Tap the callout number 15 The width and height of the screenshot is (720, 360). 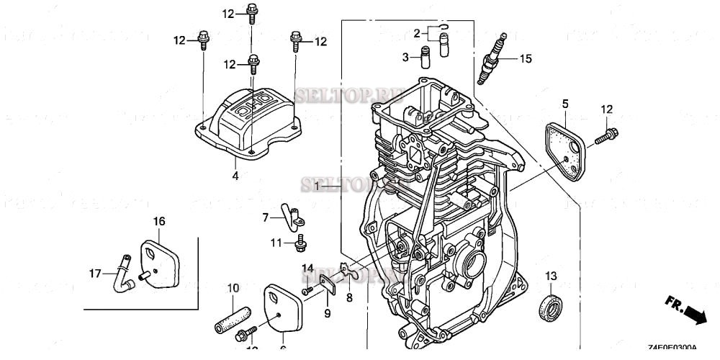point(526,59)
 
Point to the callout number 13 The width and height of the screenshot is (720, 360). point(551,276)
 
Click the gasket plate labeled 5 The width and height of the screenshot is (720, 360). point(566,147)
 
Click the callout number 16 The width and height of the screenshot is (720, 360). point(158,220)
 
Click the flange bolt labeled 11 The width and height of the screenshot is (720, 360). point(300,244)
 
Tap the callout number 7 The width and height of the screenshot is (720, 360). point(265,217)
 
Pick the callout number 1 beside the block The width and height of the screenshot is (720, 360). point(318,186)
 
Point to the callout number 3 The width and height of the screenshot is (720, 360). point(405,57)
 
